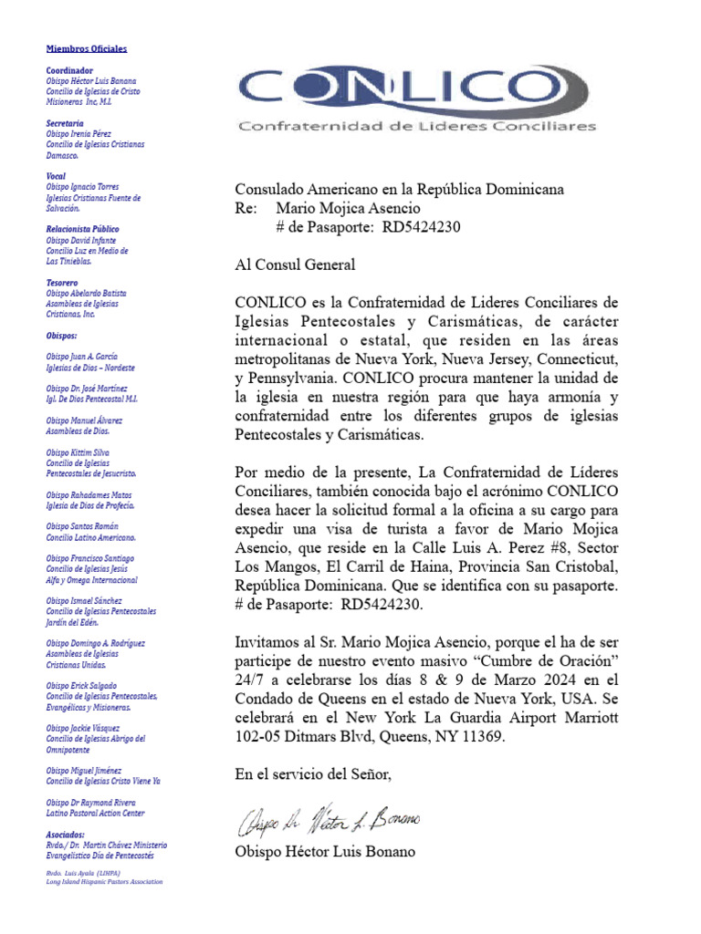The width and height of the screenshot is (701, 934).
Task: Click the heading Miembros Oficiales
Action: (87, 48)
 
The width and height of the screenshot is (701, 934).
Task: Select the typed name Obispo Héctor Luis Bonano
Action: (324, 852)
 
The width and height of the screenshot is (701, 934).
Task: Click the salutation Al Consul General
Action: (295, 265)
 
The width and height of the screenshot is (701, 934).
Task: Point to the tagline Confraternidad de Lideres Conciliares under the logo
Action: (417, 127)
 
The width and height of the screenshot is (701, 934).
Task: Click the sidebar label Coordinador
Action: (69, 70)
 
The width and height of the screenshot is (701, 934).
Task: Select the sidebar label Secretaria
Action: (65, 123)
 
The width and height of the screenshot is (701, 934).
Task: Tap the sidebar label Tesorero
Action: (63, 282)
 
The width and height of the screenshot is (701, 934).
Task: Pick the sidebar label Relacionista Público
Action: (83, 229)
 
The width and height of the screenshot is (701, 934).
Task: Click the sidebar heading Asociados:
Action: (66, 835)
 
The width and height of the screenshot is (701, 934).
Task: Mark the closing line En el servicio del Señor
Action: (313, 774)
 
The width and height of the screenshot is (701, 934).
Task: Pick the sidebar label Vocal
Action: (57, 176)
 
